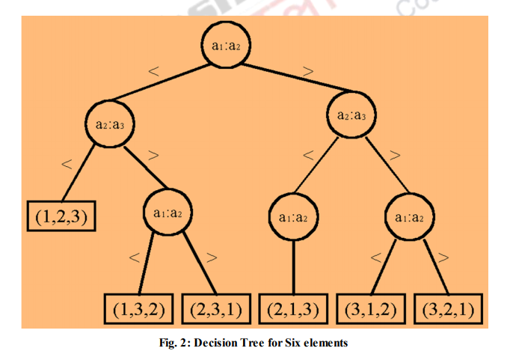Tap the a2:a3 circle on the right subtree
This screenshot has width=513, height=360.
click(x=351, y=116)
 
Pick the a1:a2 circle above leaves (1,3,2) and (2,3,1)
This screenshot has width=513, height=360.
click(x=167, y=212)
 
